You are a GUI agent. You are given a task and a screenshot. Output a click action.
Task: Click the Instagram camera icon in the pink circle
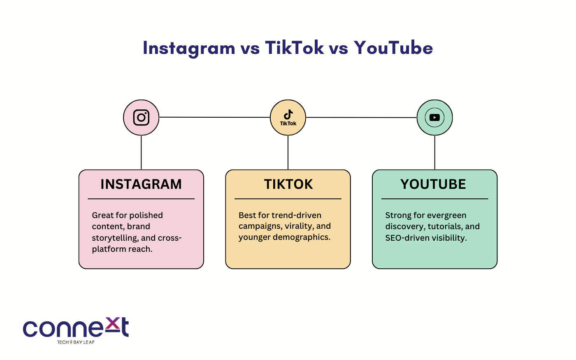point(141,118)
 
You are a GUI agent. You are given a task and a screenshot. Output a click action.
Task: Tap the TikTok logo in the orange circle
point(288,118)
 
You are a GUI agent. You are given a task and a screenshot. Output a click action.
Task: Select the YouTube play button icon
point(434,118)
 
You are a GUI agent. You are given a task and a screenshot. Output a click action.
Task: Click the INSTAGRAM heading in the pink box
point(141,184)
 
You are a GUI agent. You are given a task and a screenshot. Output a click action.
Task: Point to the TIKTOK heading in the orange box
point(288,184)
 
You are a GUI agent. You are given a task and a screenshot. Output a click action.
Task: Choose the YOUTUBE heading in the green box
point(433,184)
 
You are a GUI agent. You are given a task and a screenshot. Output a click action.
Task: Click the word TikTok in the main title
point(295,48)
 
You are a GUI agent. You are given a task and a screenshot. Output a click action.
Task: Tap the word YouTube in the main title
point(393,48)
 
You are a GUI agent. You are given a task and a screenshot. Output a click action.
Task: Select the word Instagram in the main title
point(189,49)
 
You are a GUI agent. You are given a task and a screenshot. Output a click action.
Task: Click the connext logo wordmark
point(76,327)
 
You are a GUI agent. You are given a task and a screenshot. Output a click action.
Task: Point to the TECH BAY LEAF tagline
point(76,342)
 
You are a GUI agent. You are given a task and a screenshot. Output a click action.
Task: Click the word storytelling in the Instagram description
point(115,238)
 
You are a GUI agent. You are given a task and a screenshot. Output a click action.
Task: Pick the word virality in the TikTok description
point(299,226)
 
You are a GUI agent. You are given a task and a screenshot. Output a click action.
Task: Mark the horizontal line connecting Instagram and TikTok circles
point(214,117)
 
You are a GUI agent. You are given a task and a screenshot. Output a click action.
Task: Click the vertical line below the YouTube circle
point(434,153)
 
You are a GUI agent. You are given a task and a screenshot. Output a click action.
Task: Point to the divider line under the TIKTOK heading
point(288,199)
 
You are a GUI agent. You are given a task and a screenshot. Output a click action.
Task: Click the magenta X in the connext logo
point(113,323)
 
